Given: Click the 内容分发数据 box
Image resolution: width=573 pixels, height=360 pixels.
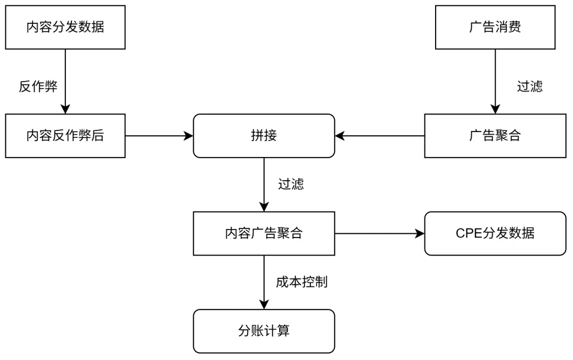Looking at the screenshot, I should (65, 27).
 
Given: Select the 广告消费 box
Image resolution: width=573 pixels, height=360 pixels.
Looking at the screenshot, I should (495, 27).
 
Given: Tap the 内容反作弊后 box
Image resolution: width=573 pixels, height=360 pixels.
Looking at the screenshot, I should (65, 136).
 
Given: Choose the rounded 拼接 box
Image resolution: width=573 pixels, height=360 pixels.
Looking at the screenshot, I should (264, 136).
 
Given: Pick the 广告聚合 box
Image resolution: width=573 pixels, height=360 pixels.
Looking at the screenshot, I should (495, 136).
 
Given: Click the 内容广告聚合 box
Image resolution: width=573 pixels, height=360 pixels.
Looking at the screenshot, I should (264, 233).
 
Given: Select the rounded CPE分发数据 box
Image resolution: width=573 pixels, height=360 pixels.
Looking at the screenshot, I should (495, 233).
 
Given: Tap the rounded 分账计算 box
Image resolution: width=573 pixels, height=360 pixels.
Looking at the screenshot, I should (264, 331).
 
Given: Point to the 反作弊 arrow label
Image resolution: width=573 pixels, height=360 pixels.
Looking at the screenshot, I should (38, 87).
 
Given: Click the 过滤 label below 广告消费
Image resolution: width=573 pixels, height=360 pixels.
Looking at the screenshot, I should (529, 87).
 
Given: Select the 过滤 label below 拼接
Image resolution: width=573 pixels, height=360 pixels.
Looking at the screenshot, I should (291, 185).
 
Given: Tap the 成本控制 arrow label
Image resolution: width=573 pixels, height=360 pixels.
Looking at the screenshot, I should (301, 282).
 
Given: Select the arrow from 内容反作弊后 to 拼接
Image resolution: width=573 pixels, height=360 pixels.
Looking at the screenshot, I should (159, 136).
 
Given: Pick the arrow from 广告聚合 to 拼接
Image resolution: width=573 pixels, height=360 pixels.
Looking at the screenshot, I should (380, 136).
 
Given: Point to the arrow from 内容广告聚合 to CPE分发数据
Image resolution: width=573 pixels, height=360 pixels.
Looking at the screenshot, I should (380, 233).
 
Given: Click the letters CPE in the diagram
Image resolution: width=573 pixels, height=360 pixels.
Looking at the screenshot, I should (468, 233).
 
